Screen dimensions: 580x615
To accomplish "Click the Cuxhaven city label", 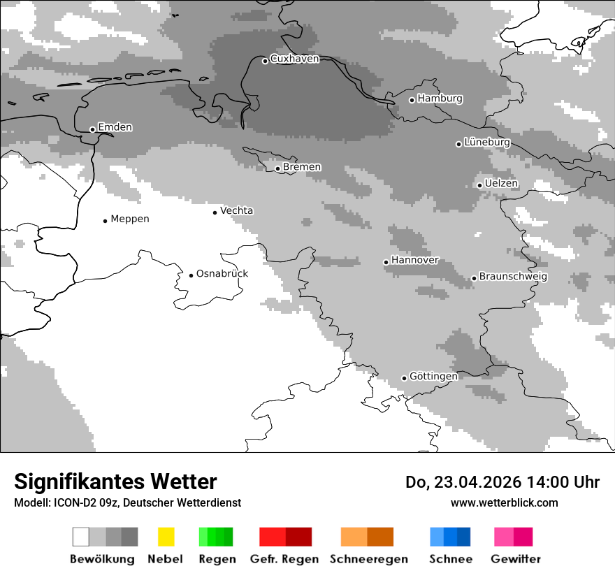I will tap(294, 59).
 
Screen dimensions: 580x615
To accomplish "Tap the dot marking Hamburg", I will tap(412, 100).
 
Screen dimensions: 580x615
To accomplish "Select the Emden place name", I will tap(115, 127).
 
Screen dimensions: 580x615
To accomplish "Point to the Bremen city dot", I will tap(277, 168).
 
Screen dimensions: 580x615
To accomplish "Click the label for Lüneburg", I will tap(487, 143).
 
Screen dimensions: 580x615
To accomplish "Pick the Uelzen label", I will tap(501, 184).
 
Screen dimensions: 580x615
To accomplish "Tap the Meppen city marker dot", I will tap(105, 221).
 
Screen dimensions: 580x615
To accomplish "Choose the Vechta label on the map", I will tap(236, 211).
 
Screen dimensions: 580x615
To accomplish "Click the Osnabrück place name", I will tap(222, 274).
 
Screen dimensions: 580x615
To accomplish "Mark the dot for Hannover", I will tap(386, 262).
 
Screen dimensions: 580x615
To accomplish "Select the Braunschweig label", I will tap(513, 277).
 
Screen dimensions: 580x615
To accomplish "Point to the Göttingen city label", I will tap(433, 377).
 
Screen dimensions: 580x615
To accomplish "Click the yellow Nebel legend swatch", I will tap(166, 537).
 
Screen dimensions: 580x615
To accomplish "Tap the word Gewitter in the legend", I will tap(515, 559).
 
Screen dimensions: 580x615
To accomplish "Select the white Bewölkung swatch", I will tap(81, 537).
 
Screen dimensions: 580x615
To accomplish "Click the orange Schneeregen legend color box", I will tap(354, 537).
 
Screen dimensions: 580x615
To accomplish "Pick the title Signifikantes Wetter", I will tap(115, 482).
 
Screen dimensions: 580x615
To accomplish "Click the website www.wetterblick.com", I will tap(504, 503).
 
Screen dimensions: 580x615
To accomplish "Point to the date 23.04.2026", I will tap(475, 483).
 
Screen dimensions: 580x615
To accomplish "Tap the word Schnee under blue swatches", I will tap(450, 559).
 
